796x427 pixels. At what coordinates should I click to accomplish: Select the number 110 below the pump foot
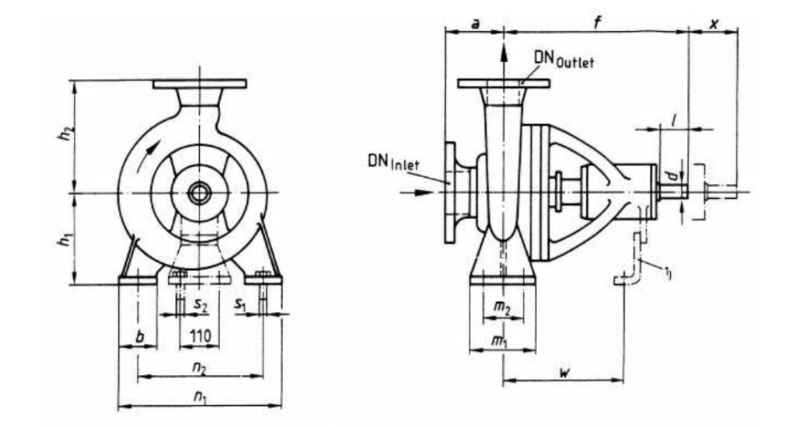click(199, 339)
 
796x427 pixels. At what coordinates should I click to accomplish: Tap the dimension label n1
click(200, 398)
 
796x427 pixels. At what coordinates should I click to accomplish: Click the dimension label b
click(138, 338)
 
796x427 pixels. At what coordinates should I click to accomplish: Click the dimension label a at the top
click(475, 23)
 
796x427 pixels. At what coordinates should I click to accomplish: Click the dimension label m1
click(502, 342)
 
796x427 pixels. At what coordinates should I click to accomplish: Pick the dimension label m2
click(503, 309)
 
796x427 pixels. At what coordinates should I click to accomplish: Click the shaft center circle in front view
click(199, 192)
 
